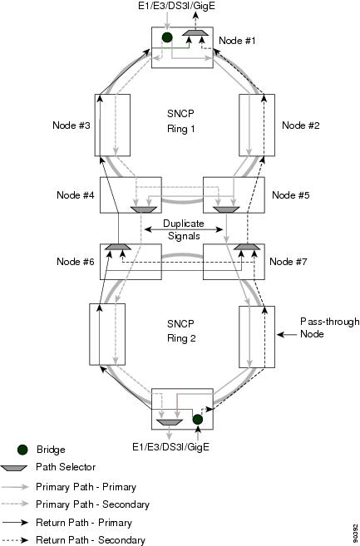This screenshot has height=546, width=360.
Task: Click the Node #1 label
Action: point(237,41)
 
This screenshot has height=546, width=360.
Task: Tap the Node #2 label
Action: point(301,125)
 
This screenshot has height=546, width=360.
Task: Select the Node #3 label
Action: point(72,125)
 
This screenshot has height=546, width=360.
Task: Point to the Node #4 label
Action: point(76,194)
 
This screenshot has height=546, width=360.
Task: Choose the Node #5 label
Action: point(291,194)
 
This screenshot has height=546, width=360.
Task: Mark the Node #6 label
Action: point(76,261)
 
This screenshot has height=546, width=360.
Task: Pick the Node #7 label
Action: point(288,261)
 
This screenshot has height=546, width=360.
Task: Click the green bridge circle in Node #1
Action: point(167,37)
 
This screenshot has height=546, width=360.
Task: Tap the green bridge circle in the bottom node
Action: point(198,419)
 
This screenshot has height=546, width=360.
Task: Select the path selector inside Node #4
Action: point(144,209)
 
